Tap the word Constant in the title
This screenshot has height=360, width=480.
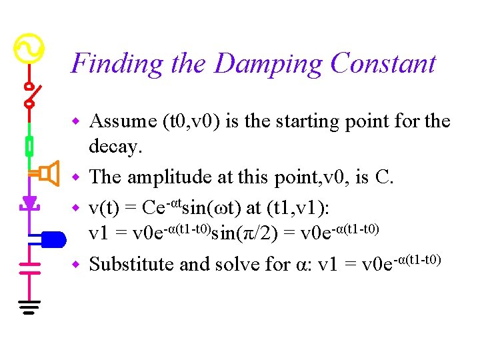click(x=383, y=64)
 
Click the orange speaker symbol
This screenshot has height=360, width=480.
click(x=47, y=174)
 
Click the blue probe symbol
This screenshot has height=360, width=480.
click(x=51, y=237)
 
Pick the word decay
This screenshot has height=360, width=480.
click(x=115, y=147)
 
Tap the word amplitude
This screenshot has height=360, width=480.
click(x=176, y=177)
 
